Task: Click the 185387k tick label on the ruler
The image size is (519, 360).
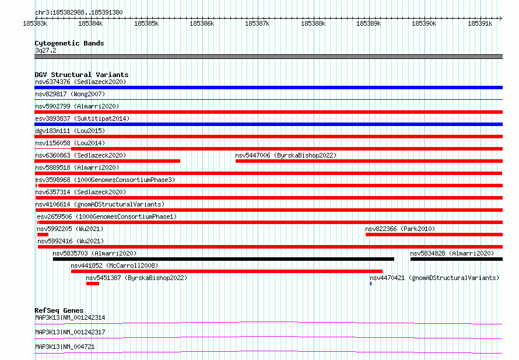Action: (257, 24)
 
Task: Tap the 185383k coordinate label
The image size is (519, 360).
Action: (35, 24)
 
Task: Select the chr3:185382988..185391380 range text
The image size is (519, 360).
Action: (79, 12)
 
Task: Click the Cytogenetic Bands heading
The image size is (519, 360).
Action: (69, 43)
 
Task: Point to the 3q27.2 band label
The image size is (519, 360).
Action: (45, 50)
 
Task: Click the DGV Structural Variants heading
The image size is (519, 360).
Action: (82, 75)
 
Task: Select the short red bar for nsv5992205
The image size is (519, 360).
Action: (43, 235)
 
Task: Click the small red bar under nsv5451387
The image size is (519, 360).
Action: (93, 284)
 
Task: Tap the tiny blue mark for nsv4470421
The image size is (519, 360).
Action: (371, 284)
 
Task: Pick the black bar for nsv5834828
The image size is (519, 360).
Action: (457, 259)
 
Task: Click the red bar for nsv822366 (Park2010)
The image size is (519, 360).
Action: (434, 235)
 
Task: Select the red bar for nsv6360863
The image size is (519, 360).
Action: (107, 161)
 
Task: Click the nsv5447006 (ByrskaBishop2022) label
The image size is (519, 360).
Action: (286, 155)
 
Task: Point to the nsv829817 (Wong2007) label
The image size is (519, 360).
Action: (70, 94)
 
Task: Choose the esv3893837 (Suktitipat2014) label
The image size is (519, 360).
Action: (82, 118)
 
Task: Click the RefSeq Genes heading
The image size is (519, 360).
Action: (59, 310)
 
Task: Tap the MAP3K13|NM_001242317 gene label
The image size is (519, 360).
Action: (70, 332)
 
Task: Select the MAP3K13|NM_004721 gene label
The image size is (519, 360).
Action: (65, 347)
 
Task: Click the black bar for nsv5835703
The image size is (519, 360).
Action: (223, 259)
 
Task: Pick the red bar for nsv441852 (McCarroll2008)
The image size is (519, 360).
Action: (227, 271)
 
